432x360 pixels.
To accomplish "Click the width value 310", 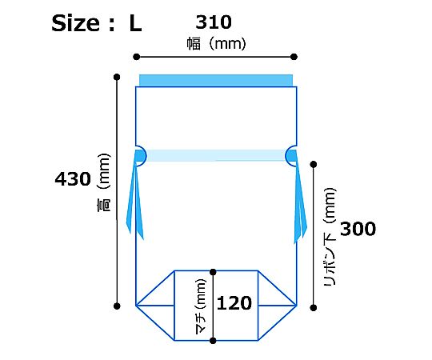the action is pos(214,22).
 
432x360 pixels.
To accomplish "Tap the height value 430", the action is pos(73,179).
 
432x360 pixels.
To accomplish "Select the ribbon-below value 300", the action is pos(358,229).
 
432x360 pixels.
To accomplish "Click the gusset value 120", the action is pos(234,303).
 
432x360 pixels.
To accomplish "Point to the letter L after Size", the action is pos(135,24).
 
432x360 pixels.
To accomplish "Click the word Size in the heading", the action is pos(75,23).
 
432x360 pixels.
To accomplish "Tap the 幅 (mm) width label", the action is pos(217,44).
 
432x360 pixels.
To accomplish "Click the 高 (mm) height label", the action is pos(103,182).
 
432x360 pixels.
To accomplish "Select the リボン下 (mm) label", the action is pos(330,237).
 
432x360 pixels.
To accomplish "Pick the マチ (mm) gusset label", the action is pos(200,306).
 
